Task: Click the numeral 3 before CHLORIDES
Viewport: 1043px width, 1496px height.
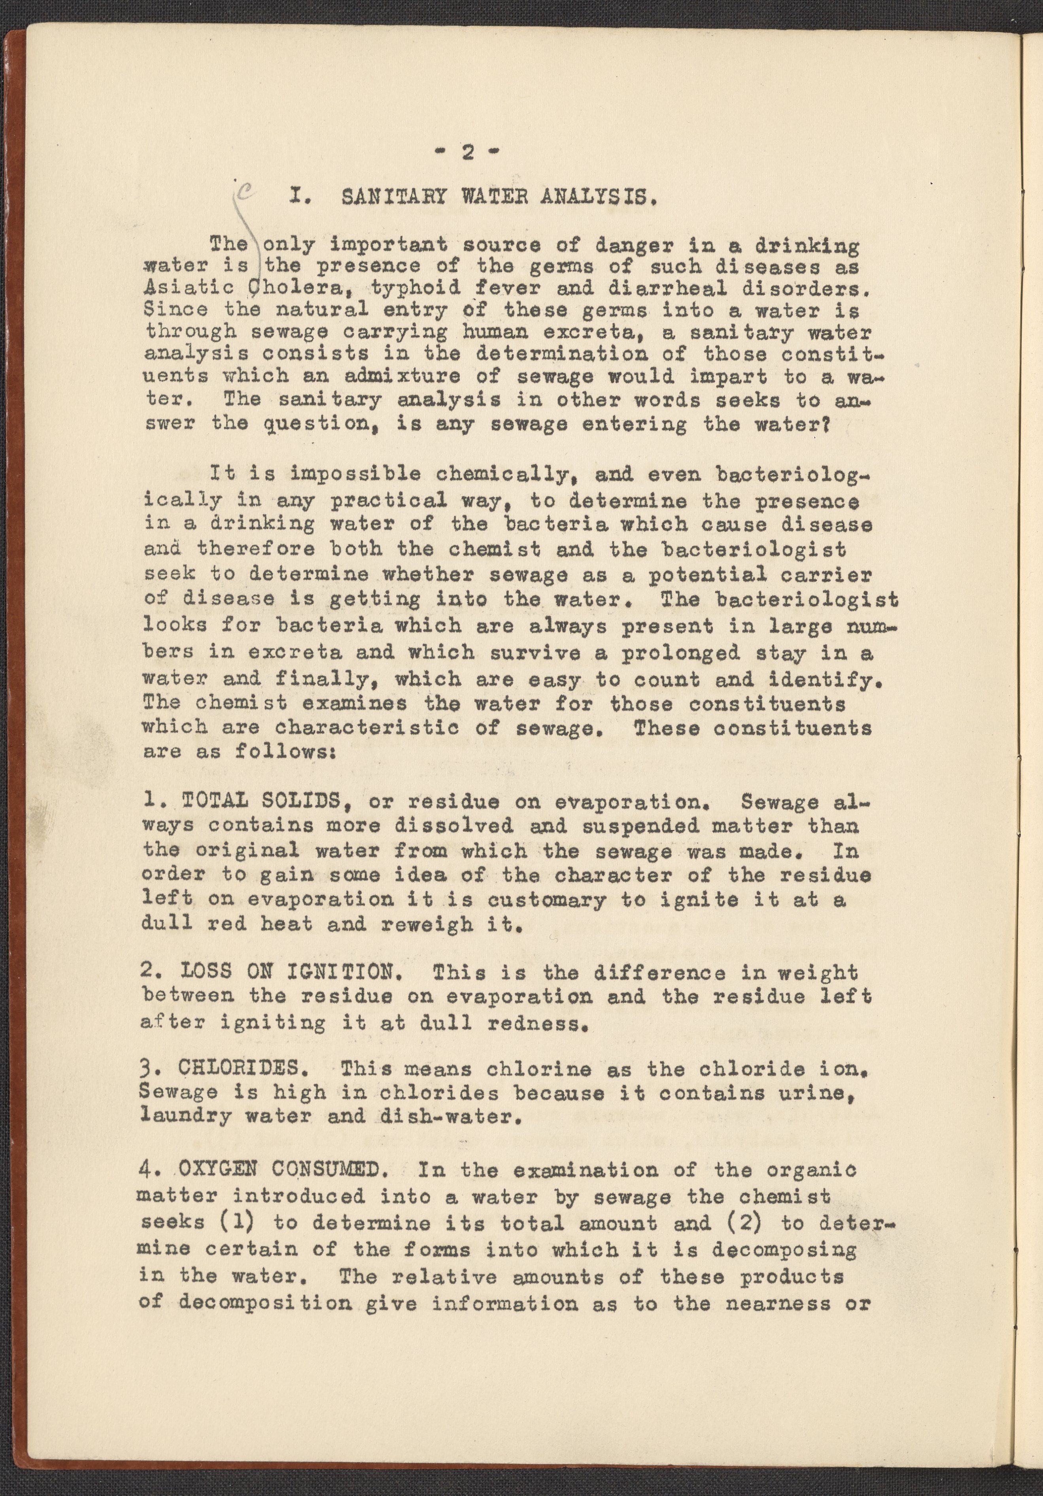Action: [x=146, y=1069]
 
